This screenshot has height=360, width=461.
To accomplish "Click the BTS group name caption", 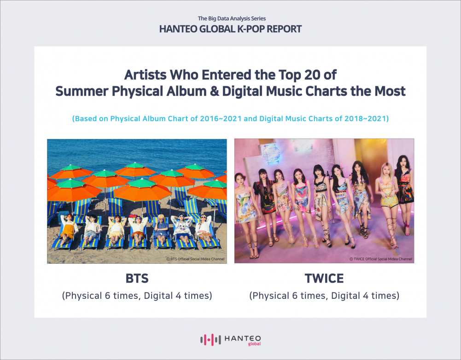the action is click(x=137, y=279).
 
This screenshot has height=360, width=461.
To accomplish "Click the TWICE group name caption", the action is click(x=324, y=279).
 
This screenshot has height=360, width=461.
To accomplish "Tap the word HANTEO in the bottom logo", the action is click(x=243, y=338).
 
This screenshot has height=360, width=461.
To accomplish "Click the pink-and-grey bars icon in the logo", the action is click(x=210, y=340).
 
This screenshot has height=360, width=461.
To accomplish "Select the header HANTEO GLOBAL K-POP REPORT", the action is click(x=230, y=29).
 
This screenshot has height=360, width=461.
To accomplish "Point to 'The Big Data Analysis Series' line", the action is click(x=232, y=18).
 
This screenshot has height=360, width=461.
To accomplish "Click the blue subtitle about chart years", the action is click(x=230, y=118).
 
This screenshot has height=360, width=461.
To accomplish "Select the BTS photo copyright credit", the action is click(x=195, y=259).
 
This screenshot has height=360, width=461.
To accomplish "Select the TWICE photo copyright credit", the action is click(x=381, y=259).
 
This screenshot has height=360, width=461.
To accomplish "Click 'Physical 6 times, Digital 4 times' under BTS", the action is click(x=137, y=296).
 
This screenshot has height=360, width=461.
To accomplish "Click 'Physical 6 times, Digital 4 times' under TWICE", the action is click(x=324, y=296).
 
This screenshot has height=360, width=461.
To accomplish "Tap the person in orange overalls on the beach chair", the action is click(x=68, y=230).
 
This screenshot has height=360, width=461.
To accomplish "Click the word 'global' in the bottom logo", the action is click(x=254, y=344).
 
